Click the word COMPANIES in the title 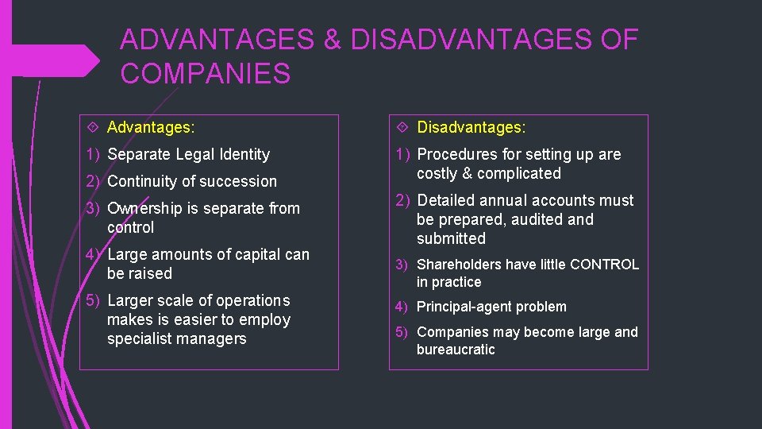click(x=206, y=74)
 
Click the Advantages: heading click(x=151, y=127)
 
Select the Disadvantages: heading click(x=471, y=127)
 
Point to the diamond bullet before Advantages click(x=92, y=127)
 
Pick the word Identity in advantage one click(x=241, y=154)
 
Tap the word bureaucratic click(x=456, y=350)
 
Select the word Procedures click(x=455, y=154)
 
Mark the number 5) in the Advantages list click(x=94, y=300)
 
